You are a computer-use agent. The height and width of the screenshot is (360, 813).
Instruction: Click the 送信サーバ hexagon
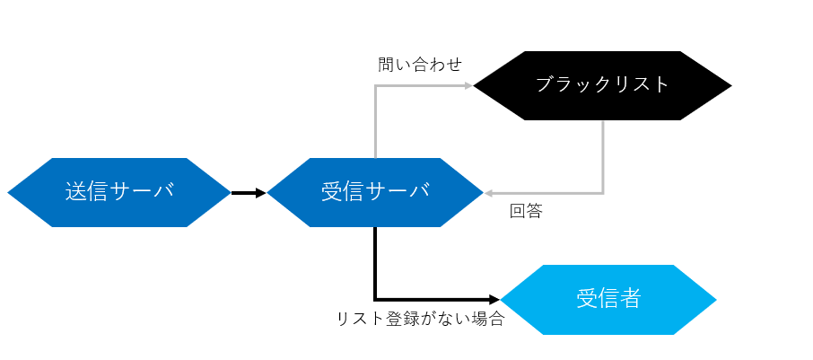[x=119, y=192]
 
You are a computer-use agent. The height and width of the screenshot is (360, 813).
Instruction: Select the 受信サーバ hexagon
[x=375, y=192]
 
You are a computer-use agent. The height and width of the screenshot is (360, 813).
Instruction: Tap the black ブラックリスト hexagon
[x=602, y=85]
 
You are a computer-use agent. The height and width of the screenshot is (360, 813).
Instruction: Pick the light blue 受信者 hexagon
[x=608, y=299]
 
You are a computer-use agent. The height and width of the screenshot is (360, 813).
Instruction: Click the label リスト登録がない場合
[x=420, y=319]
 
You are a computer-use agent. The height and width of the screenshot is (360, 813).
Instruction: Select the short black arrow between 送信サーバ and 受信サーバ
[x=247, y=192]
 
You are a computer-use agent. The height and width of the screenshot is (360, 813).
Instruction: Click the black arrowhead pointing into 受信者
[x=494, y=299]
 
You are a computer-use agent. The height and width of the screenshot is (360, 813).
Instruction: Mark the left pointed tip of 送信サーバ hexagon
[x=9, y=192]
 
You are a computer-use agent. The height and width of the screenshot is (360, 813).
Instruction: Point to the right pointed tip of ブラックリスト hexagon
[x=730, y=85]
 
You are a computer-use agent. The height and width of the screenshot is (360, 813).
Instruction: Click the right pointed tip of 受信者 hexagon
[x=715, y=299]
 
